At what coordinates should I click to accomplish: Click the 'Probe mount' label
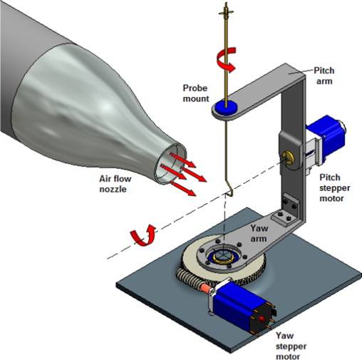point(196,93)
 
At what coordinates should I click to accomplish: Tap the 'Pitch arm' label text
point(324,76)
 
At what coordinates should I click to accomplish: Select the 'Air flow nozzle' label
point(115,184)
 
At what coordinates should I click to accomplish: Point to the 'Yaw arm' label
point(259,233)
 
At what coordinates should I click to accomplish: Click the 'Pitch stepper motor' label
point(334,188)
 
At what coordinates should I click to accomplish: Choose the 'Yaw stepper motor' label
point(291,346)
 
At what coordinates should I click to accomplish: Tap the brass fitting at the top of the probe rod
point(226,11)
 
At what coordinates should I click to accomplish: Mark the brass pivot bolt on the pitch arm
point(288,158)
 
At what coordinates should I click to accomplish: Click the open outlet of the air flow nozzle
point(170,163)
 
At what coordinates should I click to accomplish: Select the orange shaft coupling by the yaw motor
point(205,288)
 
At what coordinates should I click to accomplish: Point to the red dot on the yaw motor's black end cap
point(262,319)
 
